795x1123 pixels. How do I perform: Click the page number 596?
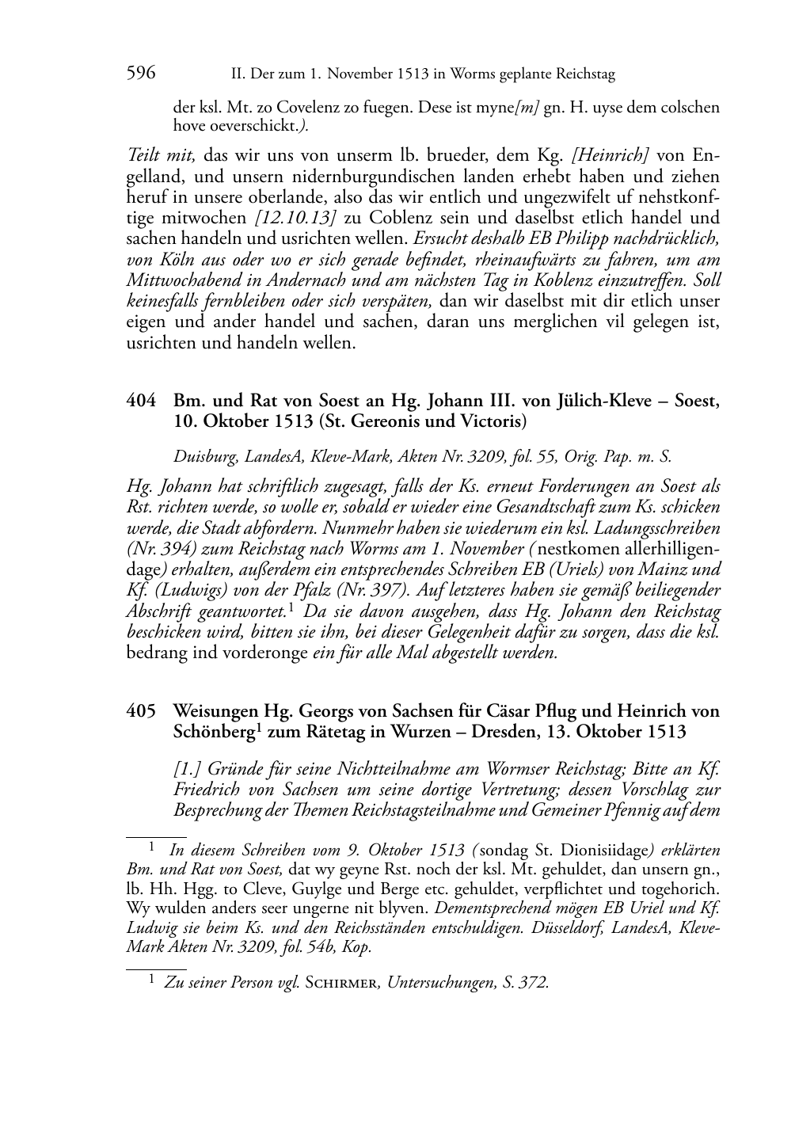[x=141, y=74]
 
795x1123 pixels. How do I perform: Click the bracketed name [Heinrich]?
[x=611, y=155]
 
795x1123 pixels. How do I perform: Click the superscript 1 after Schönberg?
[x=257, y=728]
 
